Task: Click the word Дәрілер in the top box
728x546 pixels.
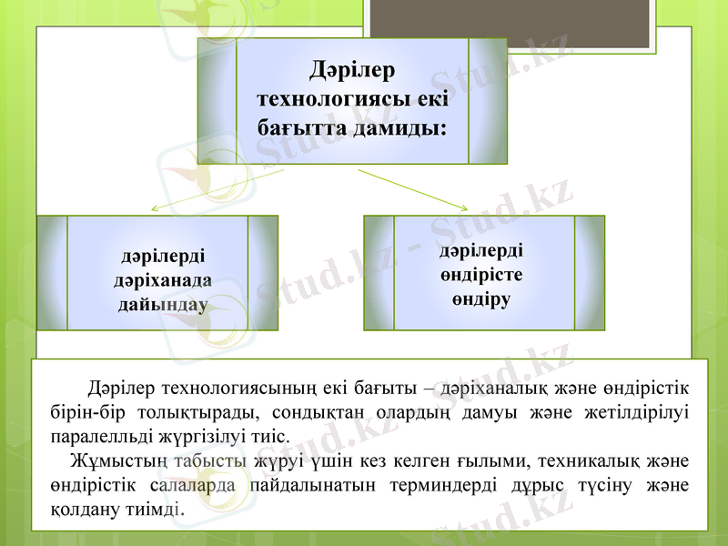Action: point(352,70)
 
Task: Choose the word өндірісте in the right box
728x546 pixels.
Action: point(482,274)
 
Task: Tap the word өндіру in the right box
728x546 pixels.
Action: point(482,298)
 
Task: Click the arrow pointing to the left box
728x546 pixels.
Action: point(218,188)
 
